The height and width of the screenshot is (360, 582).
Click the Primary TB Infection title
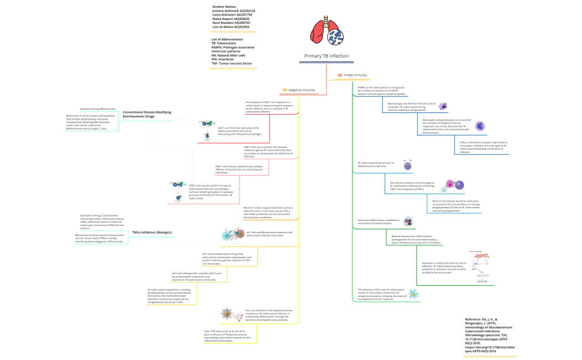point(326,56)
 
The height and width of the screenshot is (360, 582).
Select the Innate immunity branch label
point(355,75)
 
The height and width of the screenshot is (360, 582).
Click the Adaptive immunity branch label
point(302,90)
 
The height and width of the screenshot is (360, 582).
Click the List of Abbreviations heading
point(227,40)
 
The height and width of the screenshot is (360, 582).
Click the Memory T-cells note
point(268,212)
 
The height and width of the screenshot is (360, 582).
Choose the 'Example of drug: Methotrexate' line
point(98,109)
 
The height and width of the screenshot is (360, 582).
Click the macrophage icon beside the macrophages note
point(443,106)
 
